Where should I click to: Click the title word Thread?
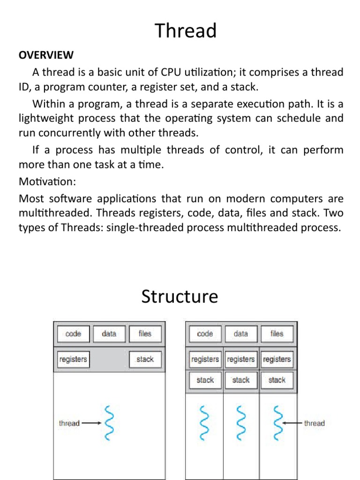pos(186,31)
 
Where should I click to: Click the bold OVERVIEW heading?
pos(46,55)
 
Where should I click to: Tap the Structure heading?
pos(180,297)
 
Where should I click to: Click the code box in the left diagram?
pos(73,334)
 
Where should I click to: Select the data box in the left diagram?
pos(109,334)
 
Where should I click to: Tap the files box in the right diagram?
pos(277,334)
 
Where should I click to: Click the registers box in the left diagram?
pos(73,359)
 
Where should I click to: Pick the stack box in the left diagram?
pos(145,359)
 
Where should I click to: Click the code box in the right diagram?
pos(205,334)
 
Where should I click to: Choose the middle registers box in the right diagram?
pos(241,359)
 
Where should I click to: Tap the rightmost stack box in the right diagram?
pos(277,380)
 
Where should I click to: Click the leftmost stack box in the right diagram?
pos(205,380)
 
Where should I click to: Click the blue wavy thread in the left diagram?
pos(109,423)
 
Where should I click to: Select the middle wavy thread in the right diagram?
pos(241,423)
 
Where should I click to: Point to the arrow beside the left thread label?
pos(91,423)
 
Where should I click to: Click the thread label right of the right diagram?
pos(314,423)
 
